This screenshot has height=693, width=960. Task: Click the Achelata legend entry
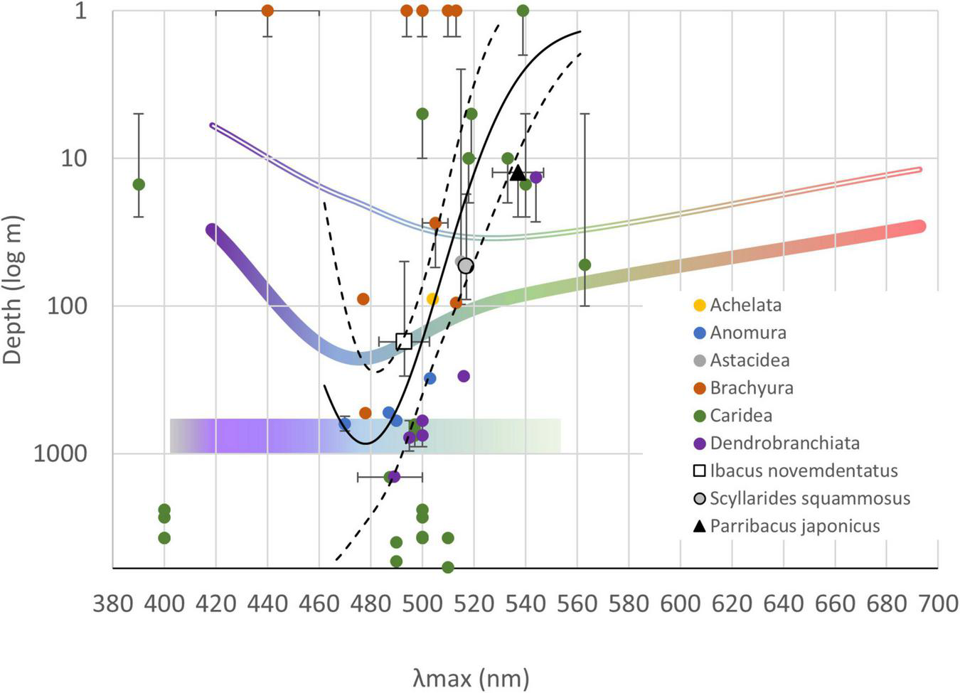[745, 305]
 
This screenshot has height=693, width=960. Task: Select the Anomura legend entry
[747, 333]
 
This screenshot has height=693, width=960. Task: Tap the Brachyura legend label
[751, 388]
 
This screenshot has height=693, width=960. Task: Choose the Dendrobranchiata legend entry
[784, 443]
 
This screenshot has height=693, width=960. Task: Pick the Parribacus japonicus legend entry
[794, 526]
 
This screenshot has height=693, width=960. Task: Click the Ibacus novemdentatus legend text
[804, 471]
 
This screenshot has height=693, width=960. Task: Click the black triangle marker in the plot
[518, 173]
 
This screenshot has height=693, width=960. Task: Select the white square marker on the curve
[404, 341]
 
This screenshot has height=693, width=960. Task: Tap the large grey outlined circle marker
[466, 266]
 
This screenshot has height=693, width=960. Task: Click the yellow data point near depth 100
[432, 299]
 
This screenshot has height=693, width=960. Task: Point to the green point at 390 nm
[139, 184]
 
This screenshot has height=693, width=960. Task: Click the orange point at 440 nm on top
[267, 11]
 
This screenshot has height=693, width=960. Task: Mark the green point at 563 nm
[585, 264]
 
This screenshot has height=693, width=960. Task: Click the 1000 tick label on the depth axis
[60, 453]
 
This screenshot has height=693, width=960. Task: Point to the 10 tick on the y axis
[73, 158]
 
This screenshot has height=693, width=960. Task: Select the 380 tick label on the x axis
[113, 604]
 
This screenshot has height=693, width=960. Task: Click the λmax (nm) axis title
[471, 677]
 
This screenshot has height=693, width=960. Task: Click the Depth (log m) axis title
[13, 290]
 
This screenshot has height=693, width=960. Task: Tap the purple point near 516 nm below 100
[464, 376]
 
